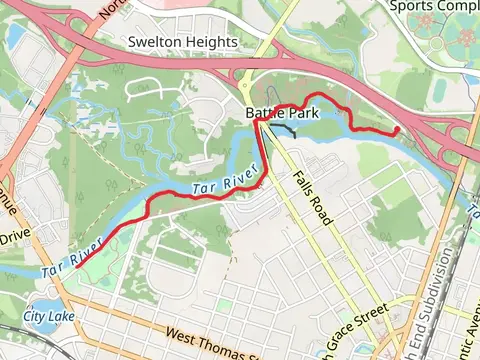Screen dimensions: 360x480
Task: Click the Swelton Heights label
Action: tap(183, 43)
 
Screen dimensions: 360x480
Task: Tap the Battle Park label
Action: tap(282, 114)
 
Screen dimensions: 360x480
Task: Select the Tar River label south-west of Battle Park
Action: tap(219, 183)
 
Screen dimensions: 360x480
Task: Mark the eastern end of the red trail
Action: tap(397, 130)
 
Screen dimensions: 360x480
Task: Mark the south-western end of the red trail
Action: tap(77, 266)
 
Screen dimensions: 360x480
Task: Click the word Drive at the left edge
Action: tap(15, 239)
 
